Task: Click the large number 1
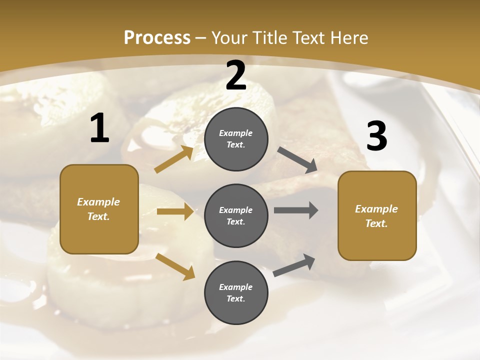pos(99,128)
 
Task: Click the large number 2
pos(236,75)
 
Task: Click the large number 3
pos(376,136)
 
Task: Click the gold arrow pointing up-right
pos(174,159)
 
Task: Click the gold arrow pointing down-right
pos(175,266)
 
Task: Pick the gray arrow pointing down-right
pos(297,160)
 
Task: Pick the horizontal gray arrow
pos(296,210)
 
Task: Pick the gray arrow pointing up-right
pos(294,265)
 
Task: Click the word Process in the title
pos(157,37)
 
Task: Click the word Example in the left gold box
pos(98,202)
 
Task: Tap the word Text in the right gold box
pos(376,223)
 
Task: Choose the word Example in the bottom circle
pos(236,287)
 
